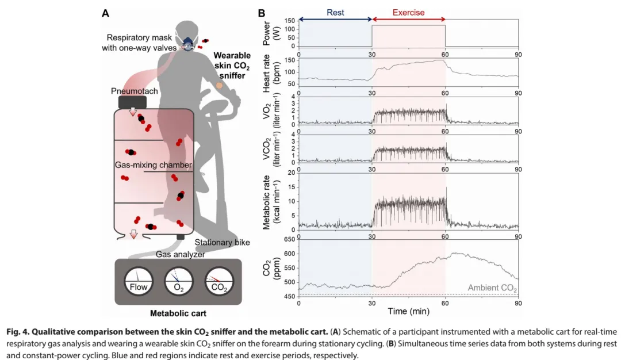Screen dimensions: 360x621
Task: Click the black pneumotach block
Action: tap(132, 102)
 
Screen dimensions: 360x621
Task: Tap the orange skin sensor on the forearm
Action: tap(219, 86)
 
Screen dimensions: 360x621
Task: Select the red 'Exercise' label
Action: tap(409, 13)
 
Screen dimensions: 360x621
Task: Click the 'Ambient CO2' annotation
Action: tap(492, 288)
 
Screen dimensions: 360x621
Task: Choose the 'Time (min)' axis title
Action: tap(408, 312)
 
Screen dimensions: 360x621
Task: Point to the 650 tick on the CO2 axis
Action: tap(290, 240)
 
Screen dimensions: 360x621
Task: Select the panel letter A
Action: tap(105, 13)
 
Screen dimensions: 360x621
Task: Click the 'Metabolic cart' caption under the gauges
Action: tap(178, 313)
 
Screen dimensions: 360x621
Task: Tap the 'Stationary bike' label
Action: tap(223, 242)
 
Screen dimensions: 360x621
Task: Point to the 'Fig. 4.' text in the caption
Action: tap(18, 332)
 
